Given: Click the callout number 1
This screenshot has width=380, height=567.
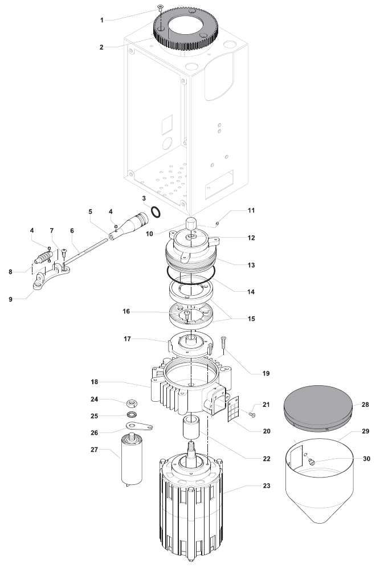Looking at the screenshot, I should pos(102,20).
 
